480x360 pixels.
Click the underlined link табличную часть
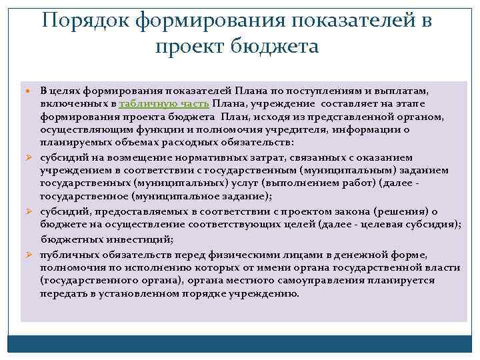165,104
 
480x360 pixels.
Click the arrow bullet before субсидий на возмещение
29,157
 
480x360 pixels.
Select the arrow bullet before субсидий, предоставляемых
29,211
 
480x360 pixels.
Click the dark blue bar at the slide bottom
239,343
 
